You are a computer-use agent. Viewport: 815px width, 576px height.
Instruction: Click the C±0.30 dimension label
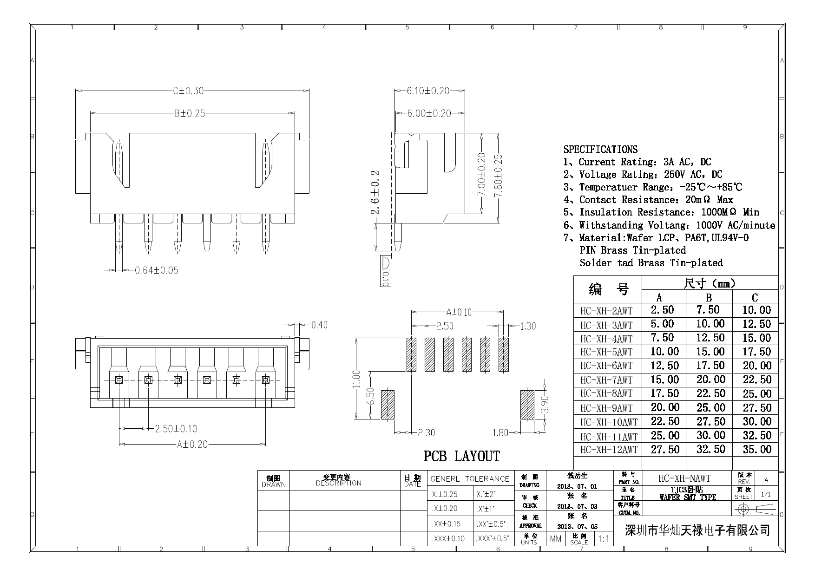[188, 91]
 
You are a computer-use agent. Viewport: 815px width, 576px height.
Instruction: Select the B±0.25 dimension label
[190, 113]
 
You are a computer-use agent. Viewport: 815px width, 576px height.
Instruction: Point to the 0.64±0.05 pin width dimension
[156, 270]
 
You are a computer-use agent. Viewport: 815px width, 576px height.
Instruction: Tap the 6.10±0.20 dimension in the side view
[428, 91]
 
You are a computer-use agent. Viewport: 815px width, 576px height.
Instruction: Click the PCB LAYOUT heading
[461, 456]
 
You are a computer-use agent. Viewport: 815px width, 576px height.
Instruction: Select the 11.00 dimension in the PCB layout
[356, 379]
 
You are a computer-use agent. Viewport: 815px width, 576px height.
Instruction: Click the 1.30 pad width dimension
[528, 326]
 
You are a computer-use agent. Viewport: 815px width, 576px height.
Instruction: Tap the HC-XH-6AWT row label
[606, 366]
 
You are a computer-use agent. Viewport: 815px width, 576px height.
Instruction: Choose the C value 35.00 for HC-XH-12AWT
[756, 450]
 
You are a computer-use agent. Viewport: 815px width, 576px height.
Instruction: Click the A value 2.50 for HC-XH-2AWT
[662, 310]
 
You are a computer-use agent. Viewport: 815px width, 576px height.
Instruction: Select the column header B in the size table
[709, 297]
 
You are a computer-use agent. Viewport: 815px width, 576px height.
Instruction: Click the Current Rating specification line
[637, 162]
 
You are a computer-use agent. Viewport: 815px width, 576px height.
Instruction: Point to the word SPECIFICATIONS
[600, 150]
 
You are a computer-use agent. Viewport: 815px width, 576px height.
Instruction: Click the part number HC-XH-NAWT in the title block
[684, 478]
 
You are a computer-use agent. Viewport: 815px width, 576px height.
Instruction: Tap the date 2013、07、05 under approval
[577, 527]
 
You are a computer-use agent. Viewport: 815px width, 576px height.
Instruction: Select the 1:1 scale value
[603, 539]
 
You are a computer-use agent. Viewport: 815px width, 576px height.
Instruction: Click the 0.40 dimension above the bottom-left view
[319, 325]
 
